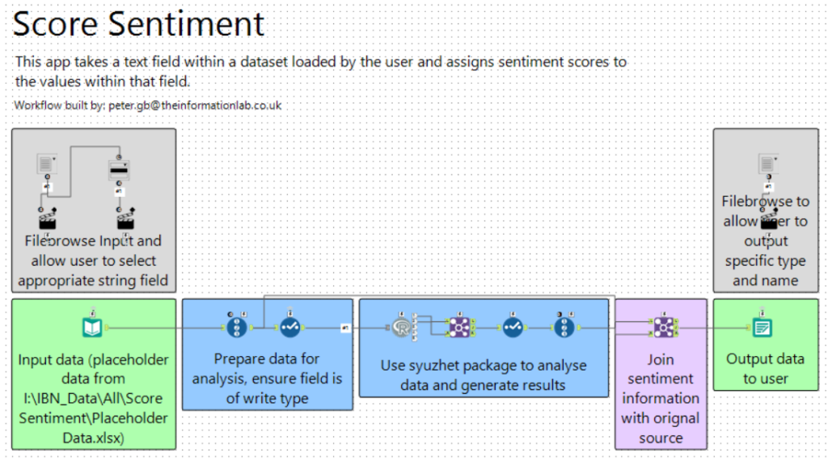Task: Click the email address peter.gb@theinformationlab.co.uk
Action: tap(193, 106)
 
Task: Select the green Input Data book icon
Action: tap(93, 327)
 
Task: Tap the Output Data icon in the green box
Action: tap(762, 326)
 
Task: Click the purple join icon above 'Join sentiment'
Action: tap(662, 326)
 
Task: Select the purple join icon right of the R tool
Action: tap(460, 326)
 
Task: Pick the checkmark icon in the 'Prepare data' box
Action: tap(289, 326)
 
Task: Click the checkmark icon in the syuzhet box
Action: tap(513, 326)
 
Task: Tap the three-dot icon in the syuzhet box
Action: tap(564, 326)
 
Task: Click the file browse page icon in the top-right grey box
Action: tap(767, 164)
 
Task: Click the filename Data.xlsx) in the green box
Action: tap(93, 438)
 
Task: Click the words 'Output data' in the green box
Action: tap(765, 359)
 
